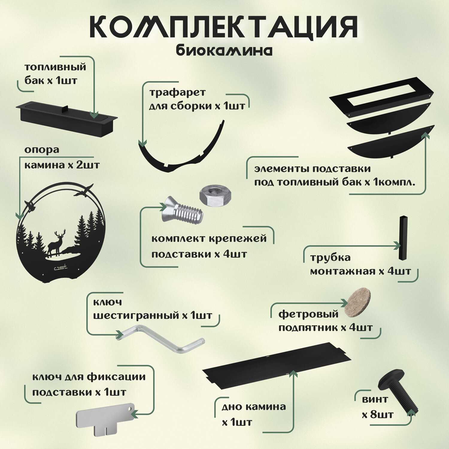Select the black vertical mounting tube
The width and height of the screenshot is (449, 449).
(403, 238)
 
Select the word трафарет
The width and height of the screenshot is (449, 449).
(178, 92)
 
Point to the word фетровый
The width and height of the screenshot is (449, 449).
(308, 314)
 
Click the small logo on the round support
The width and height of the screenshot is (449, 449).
(60, 267)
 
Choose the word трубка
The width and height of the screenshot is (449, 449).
(330, 257)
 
